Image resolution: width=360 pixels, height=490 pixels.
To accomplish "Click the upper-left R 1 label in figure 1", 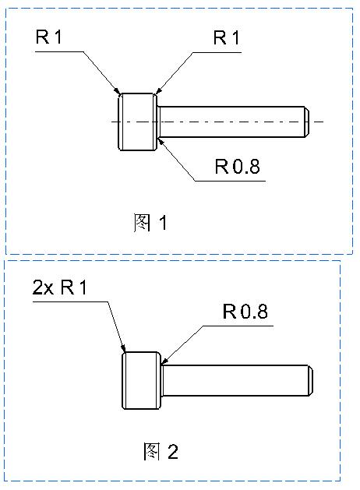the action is click(x=49, y=37).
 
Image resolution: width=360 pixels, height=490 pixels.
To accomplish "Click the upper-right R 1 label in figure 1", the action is click(x=227, y=38).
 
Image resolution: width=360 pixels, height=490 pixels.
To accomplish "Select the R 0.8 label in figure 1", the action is click(x=238, y=166).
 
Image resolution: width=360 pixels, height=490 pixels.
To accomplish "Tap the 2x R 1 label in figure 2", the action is click(x=60, y=287).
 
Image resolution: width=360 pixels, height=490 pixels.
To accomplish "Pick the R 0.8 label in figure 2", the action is click(x=245, y=312).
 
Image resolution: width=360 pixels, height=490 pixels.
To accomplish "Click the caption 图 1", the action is click(x=150, y=223).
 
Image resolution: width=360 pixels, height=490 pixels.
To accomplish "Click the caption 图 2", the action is click(x=161, y=451).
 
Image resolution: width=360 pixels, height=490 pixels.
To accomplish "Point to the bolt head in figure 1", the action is click(x=137, y=122).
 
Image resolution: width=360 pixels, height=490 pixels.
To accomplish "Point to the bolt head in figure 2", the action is click(x=141, y=380).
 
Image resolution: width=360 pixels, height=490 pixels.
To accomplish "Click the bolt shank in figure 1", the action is click(x=231, y=122).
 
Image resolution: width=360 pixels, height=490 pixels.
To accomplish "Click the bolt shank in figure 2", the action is click(x=236, y=380).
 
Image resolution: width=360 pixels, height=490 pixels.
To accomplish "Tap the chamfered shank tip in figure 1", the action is click(x=308, y=122).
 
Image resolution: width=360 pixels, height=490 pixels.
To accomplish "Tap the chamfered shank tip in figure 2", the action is click(x=311, y=380).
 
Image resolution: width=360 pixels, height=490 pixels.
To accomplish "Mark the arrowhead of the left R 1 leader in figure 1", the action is click(x=118, y=92).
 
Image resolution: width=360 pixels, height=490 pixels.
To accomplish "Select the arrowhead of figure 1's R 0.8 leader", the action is click(x=160, y=139).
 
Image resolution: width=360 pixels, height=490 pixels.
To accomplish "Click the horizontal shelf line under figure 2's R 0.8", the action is click(x=238, y=326).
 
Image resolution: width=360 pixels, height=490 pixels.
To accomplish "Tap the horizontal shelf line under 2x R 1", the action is click(x=71, y=302).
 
